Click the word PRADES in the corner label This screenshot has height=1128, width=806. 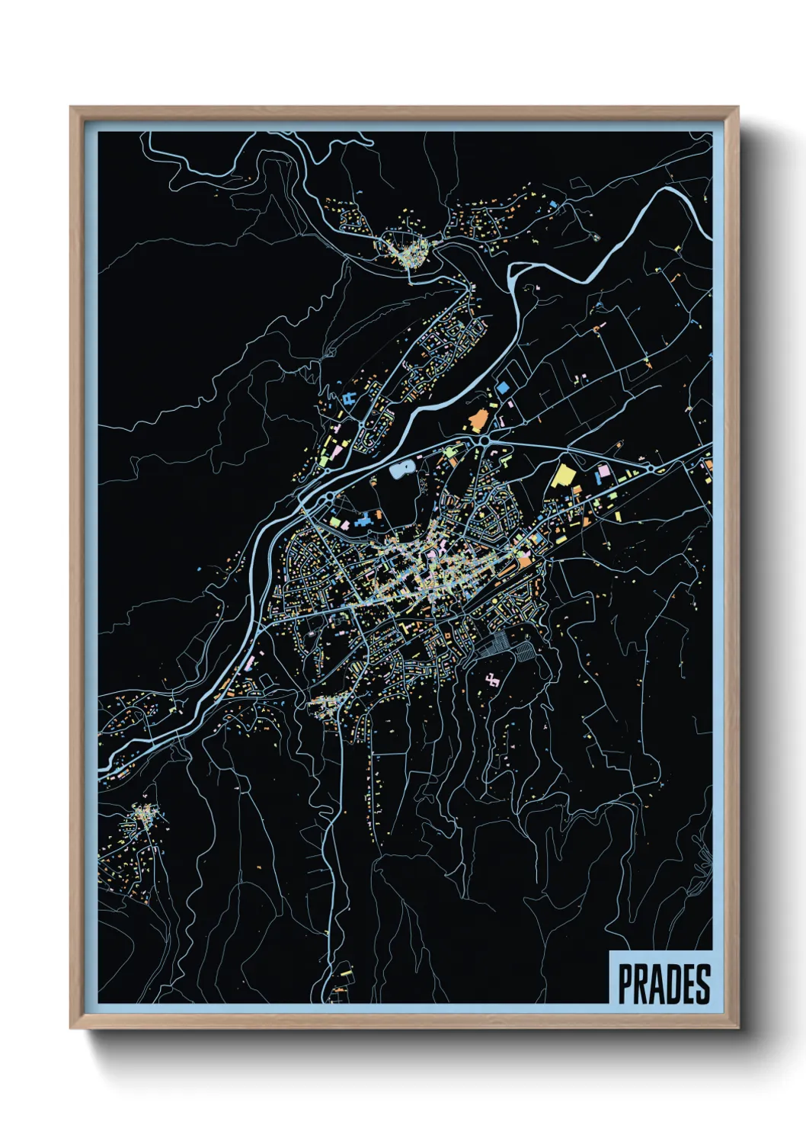point(664,984)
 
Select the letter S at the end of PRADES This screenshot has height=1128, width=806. point(702,984)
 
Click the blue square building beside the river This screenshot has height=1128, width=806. point(503,388)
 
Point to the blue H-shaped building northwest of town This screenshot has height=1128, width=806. point(350,399)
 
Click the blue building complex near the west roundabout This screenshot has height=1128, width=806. point(366,521)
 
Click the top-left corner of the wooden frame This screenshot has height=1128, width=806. point(72,107)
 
